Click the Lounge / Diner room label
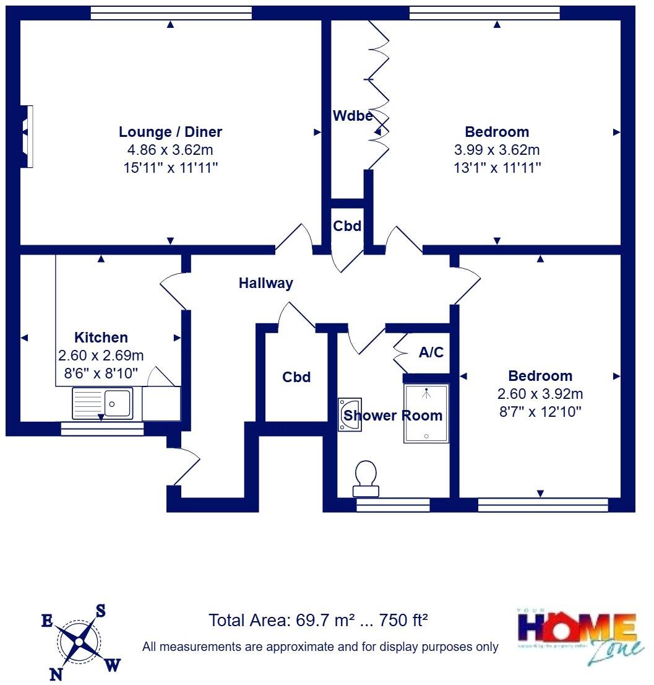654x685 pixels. tap(170, 132)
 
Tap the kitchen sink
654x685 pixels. tap(102, 403)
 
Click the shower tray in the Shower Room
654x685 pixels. tap(426, 413)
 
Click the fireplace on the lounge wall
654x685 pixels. tap(27, 136)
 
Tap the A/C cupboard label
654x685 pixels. tap(431, 352)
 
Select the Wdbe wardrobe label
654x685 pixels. tap(352, 116)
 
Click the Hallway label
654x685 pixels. tap(265, 284)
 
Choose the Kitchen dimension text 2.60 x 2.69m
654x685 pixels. tap(101, 356)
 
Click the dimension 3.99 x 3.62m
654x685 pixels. tap(497, 150)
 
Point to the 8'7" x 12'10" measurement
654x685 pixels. tap(540, 411)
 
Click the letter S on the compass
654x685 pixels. tap(100, 611)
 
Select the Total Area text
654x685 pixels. tap(319, 620)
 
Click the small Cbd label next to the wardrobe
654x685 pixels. tap(346, 226)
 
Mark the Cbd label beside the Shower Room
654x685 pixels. tap(296, 377)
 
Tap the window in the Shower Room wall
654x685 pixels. tap(393, 505)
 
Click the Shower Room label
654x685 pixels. tap(394, 416)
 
